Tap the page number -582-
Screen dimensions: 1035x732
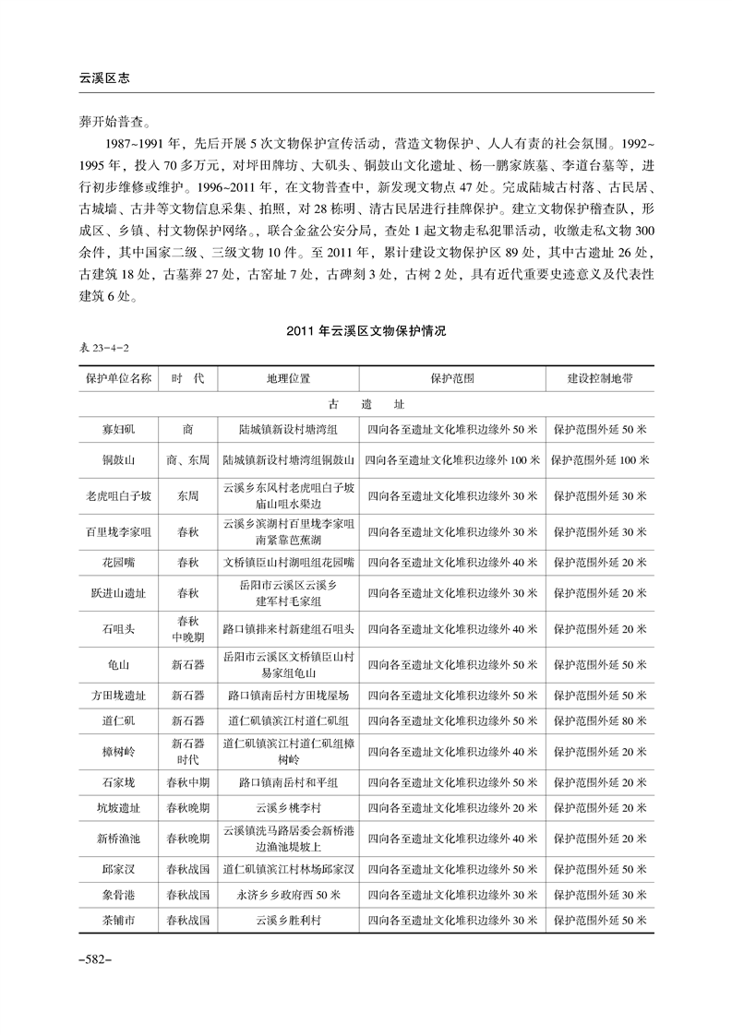tap(95, 959)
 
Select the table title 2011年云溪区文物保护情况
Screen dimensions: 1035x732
tap(366, 331)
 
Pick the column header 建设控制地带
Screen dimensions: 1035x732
tap(599, 378)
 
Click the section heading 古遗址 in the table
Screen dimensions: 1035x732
tap(366, 403)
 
